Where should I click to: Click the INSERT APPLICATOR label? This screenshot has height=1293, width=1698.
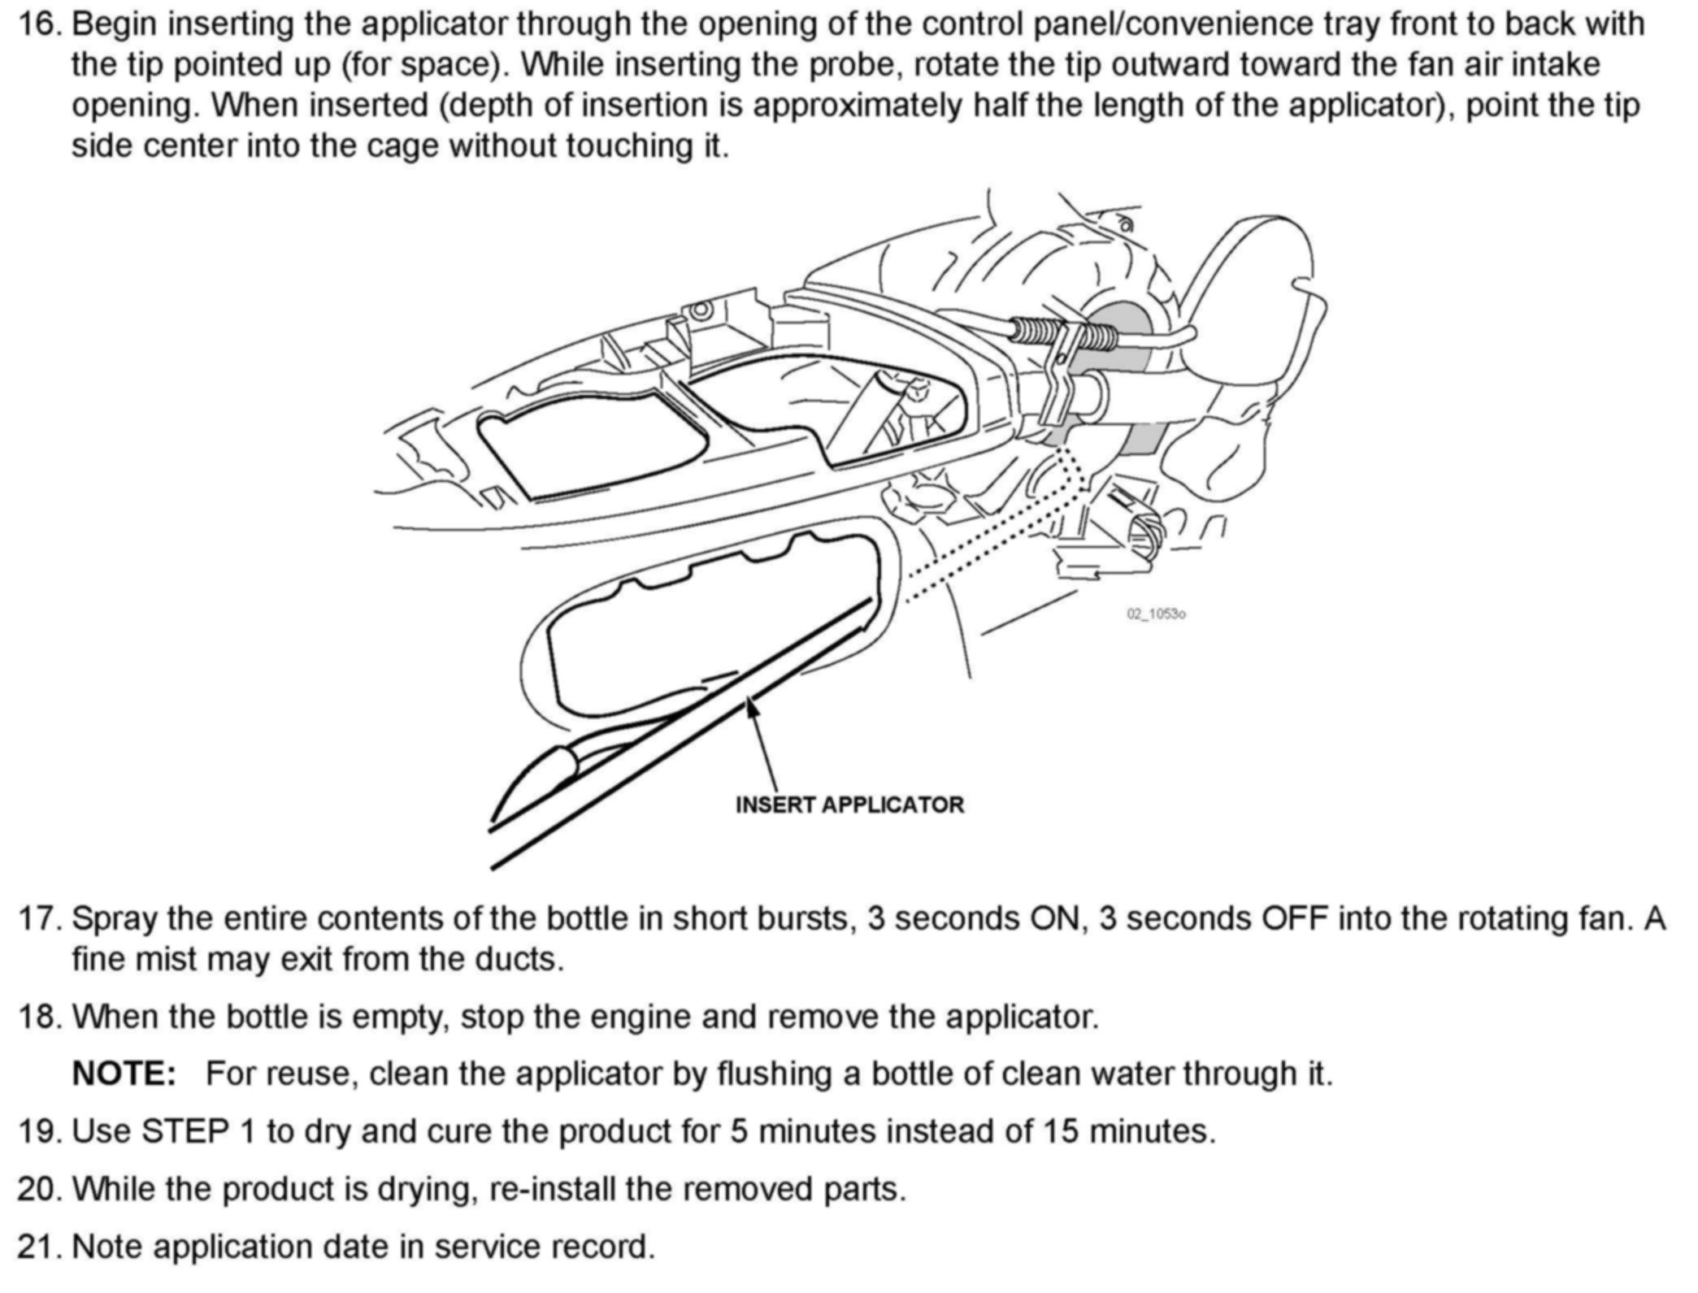tap(849, 805)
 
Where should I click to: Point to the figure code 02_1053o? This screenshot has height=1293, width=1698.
tap(1155, 614)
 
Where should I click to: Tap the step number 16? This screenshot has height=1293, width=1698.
tap(40, 24)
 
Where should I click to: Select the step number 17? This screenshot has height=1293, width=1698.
tap(40, 918)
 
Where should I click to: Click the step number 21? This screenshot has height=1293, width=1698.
tap(40, 1246)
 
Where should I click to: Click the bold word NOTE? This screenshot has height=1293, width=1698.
tap(124, 1074)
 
